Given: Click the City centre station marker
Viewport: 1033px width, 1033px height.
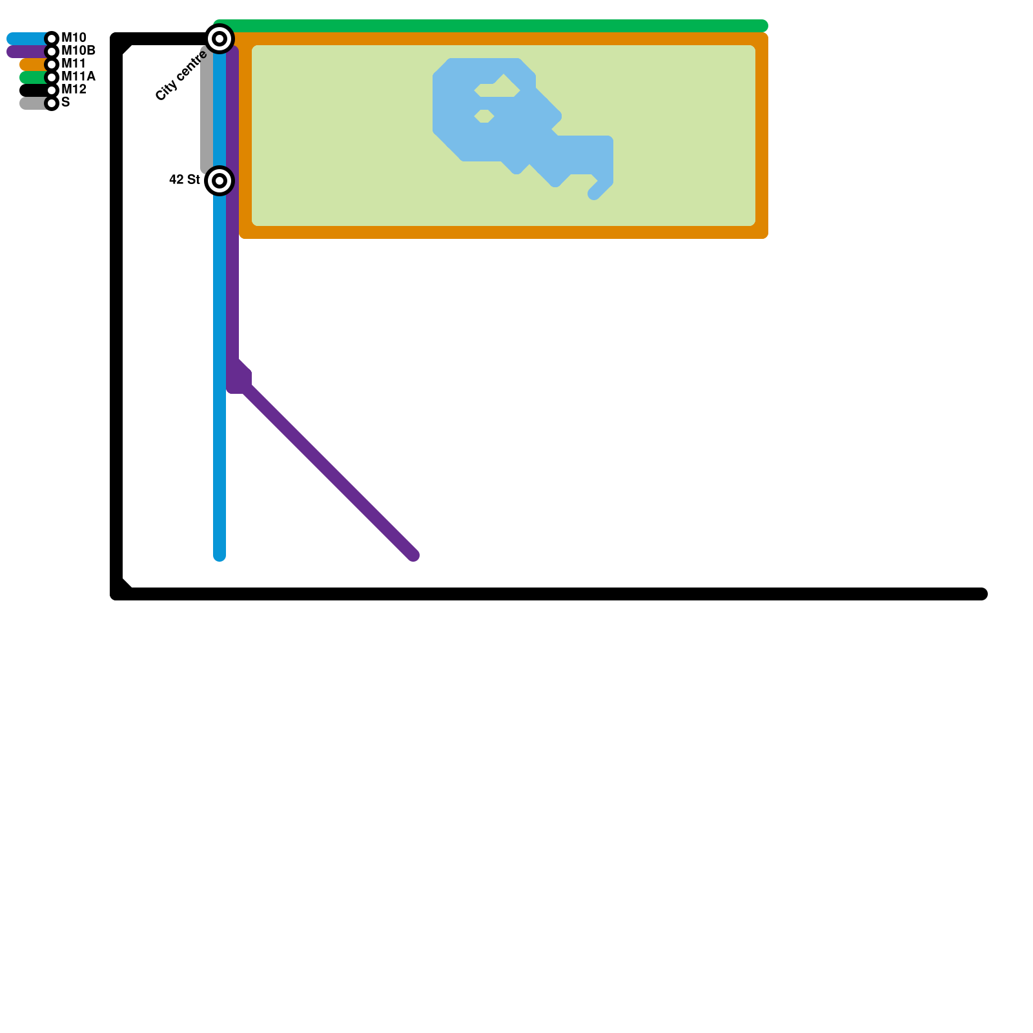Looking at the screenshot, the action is coord(220,39).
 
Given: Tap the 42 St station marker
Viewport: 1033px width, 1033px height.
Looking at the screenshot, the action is coord(220,181).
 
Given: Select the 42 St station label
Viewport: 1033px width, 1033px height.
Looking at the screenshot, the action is coord(184,179).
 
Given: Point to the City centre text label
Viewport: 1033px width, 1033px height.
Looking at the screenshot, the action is coord(181,76).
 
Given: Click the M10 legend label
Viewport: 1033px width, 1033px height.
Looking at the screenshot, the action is coord(74,38).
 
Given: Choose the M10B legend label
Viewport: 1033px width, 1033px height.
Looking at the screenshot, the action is coord(78,51).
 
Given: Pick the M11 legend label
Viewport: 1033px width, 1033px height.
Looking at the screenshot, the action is coord(74,64).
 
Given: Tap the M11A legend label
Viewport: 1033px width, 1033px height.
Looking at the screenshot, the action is coord(78,77).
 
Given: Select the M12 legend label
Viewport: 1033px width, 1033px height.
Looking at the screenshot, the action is coord(74,90).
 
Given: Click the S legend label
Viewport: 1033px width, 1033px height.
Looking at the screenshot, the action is coord(65,103).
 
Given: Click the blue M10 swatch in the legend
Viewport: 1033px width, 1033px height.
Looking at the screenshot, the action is coord(26,39).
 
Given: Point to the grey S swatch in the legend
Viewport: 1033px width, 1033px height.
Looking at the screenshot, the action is coord(32,103).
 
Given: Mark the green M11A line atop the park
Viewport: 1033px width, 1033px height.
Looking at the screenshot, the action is coord(491,26).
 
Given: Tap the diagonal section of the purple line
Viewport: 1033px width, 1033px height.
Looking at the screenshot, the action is coord(329,471).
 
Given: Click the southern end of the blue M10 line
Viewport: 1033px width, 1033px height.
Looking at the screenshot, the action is coord(220,554).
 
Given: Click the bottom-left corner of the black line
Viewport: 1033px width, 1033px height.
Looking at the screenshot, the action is coord(118,593).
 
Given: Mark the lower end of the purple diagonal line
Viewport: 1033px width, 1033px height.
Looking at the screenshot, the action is coord(412,554).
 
